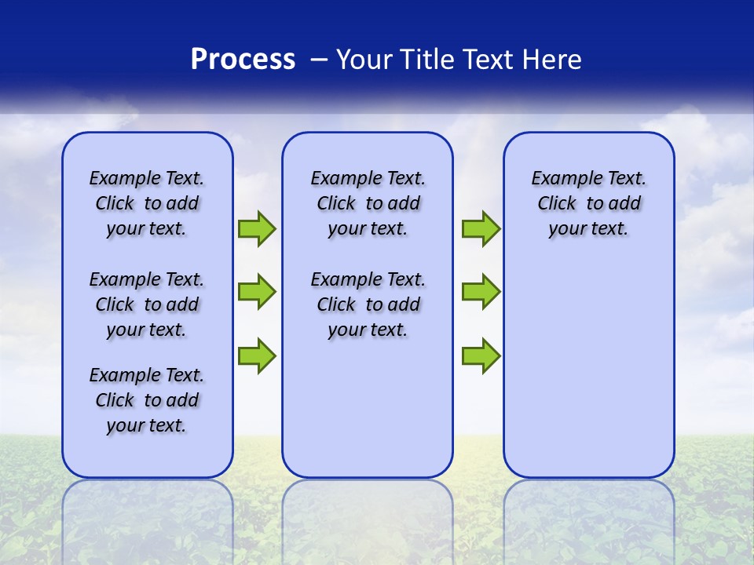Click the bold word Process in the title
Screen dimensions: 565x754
(243, 59)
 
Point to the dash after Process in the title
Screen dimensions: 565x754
(320, 60)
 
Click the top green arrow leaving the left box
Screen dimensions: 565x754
(257, 229)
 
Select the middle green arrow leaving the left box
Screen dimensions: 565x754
(257, 292)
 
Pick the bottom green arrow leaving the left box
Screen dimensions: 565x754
(257, 355)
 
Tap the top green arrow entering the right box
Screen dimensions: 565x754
(481, 229)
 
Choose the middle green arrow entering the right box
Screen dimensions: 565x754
(481, 292)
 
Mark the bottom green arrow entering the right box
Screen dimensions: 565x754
(481, 355)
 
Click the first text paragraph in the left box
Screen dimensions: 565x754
(147, 203)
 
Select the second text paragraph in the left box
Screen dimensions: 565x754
(147, 304)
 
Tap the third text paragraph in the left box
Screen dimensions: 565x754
(147, 400)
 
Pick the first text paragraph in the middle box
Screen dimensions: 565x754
(368, 203)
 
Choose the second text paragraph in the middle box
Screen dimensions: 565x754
(368, 304)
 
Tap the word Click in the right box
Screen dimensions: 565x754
(557, 204)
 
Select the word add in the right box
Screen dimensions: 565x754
(624, 204)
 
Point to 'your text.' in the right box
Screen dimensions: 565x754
(588, 229)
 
